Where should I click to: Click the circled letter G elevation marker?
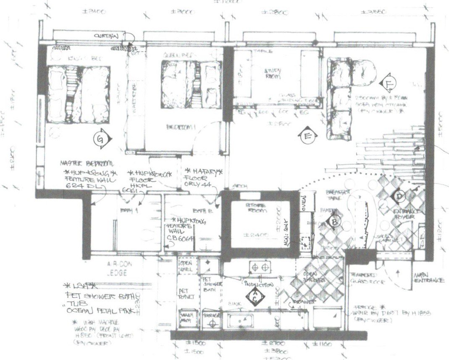click(101, 139)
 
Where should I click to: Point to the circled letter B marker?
click(335, 221)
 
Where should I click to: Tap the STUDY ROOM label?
click(273, 72)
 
